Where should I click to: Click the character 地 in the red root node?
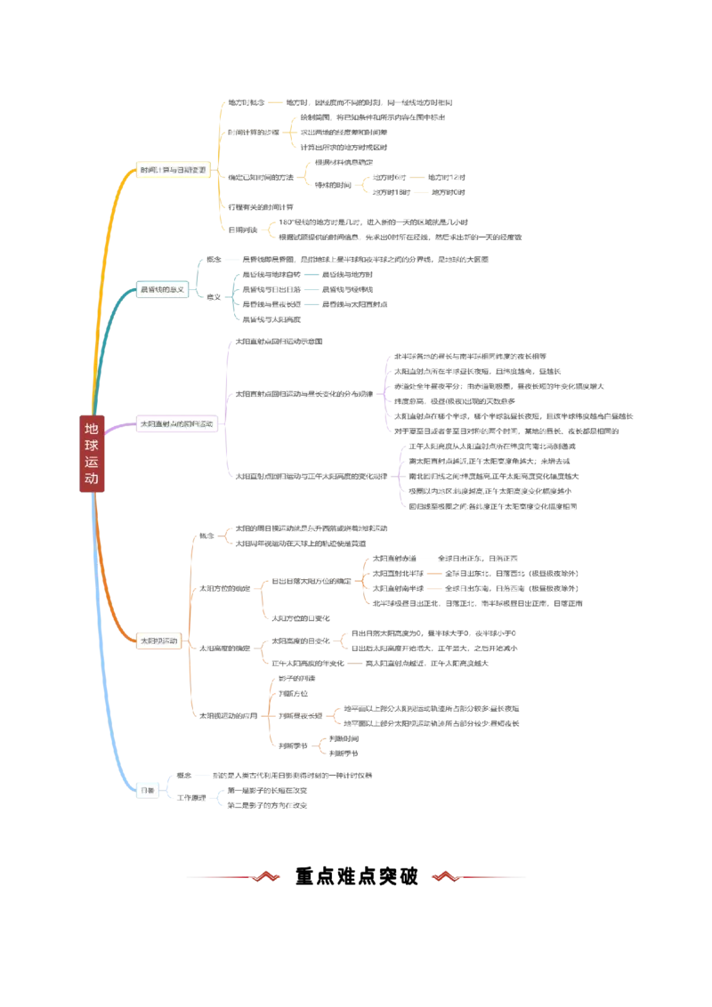(92, 429)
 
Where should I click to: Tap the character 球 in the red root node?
(92, 446)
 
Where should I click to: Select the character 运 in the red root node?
(92, 463)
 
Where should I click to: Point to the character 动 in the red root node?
(92, 479)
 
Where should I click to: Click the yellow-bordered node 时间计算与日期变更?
(173, 169)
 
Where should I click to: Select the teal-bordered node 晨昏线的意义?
(162, 290)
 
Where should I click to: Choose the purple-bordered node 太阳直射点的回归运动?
(176, 424)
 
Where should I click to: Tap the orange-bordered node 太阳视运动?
(159, 640)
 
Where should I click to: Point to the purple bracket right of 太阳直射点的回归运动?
(224, 409)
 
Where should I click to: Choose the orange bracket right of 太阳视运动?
(189, 623)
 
